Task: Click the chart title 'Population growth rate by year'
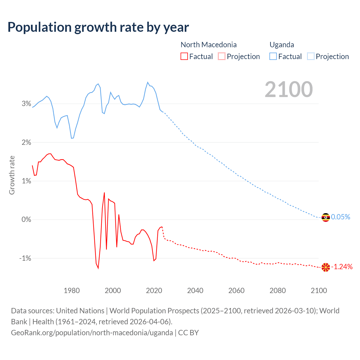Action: [x=98, y=27]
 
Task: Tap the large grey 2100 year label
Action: [x=289, y=89]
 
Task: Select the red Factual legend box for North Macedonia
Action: [x=184, y=56]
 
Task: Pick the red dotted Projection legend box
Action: [x=222, y=56]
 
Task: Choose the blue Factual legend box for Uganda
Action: [x=273, y=56]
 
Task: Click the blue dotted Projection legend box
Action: [x=311, y=56]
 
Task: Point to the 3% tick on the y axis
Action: [x=26, y=104]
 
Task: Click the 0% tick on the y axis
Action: [x=26, y=219]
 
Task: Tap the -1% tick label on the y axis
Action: [x=25, y=258]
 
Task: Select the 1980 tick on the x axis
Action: [x=72, y=291]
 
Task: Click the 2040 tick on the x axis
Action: [x=195, y=291]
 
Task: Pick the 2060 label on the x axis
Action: [x=236, y=291]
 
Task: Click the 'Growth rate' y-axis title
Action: [x=12, y=175]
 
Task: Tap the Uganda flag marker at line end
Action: [x=326, y=217]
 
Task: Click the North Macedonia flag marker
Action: [x=326, y=267]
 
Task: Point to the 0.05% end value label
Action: [x=341, y=217]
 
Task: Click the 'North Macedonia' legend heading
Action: [x=208, y=45]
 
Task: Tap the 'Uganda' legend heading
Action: [x=282, y=45]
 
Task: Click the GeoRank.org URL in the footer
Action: [x=92, y=332]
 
